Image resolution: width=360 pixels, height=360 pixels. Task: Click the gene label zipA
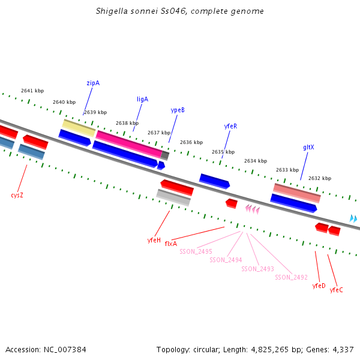point(93,83)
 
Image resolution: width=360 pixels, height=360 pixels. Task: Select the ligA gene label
point(142,99)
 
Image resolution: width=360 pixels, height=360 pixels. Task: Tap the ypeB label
point(178,110)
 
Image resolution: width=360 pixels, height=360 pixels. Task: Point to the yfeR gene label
point(230,127)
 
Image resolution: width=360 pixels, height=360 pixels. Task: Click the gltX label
point(308,147)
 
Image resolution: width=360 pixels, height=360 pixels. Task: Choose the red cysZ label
point(17,195)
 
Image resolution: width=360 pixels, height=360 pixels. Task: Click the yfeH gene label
point(154,240)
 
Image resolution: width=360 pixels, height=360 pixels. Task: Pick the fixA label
point(171,244)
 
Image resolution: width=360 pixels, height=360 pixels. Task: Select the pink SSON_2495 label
point(196,251)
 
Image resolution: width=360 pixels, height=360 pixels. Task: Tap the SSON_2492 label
point(291,277)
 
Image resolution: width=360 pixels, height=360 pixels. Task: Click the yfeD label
point(319,286)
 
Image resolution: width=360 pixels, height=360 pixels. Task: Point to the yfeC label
point(337,290)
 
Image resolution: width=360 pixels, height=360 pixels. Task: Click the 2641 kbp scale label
point(32,91)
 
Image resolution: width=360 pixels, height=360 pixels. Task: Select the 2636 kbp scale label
point(191,142)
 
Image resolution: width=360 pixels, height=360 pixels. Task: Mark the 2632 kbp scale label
point(320,178)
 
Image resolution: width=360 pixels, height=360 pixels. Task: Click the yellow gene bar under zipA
point(79,127)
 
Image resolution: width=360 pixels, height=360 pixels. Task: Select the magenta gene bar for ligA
point(128,144)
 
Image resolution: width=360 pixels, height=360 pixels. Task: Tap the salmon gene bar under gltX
point(297,193)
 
